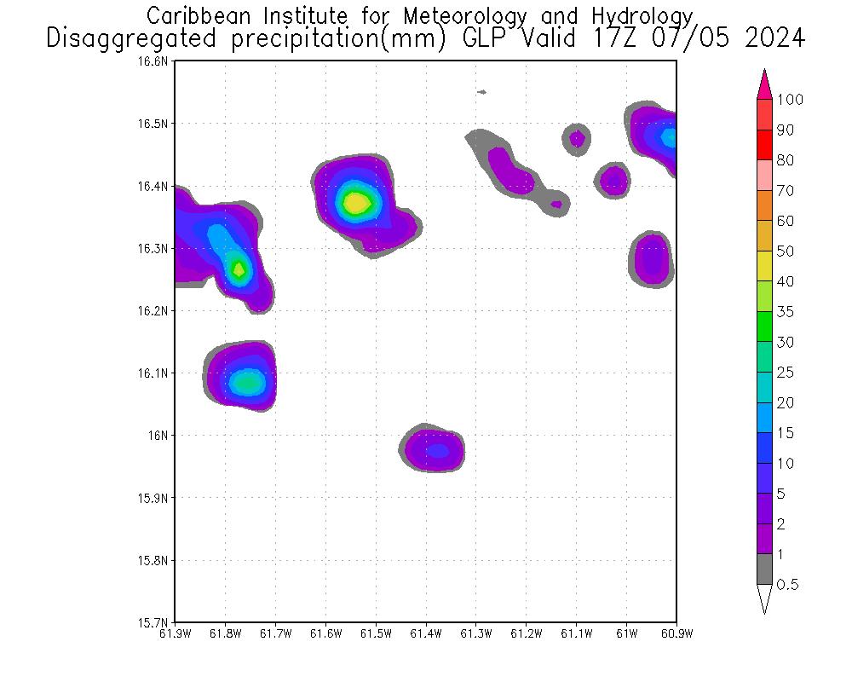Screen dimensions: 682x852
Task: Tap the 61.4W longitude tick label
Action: [426, 633]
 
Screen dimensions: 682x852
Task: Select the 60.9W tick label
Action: [676, 633]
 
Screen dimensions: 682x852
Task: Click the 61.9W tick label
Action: [175, 633]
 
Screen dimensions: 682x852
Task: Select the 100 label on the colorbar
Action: [791, 100]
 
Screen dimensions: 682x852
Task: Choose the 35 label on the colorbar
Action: [786, 312]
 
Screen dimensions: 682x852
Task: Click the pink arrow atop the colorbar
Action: [764, 84]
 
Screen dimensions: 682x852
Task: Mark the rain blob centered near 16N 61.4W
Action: [435, 448]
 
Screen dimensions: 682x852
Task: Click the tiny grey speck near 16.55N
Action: [482, 92]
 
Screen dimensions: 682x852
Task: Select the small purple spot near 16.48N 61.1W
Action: [577, 137]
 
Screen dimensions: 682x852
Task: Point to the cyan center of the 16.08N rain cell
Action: [247, 383]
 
